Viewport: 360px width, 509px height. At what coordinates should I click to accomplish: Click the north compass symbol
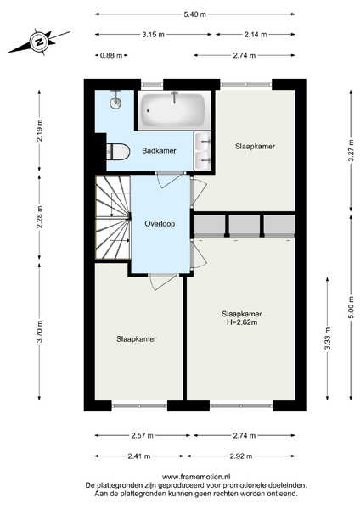[40, 42]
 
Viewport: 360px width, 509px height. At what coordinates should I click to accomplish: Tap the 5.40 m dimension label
[195, 14]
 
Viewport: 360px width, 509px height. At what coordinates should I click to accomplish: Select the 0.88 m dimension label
[111, 55]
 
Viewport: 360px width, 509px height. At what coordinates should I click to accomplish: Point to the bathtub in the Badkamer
[174, 110]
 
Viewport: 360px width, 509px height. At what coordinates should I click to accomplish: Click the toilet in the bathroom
[118, 152]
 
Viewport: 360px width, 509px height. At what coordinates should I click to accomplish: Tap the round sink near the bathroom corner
[115, 101]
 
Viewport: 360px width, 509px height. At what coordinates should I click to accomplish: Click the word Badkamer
[160, 151]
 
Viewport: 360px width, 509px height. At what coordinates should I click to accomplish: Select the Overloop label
[160, 224]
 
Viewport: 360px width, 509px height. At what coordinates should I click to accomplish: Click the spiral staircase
[113, 217]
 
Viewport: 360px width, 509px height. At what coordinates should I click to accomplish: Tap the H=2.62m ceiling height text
[242, 322]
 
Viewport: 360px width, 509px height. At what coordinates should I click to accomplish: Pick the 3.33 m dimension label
[328, 338]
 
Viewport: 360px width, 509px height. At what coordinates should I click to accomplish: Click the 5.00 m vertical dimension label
[351, 307]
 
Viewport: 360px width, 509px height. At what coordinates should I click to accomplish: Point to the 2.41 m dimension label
[139, 456]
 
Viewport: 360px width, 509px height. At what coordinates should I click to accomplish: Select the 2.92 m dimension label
[241, 456]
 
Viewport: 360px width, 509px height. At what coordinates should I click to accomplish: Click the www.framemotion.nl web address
[196, 477]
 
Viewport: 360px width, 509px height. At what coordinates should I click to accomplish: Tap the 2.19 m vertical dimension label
[40, 131]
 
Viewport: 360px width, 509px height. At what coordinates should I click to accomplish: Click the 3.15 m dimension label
[154, 35]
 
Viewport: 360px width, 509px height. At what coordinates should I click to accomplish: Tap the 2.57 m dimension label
[143, 436]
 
